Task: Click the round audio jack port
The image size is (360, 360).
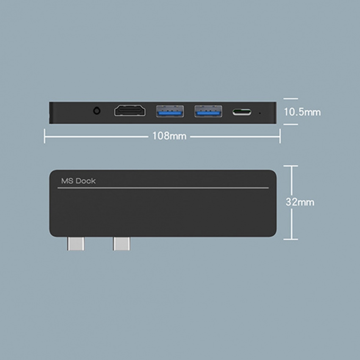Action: [97, 111]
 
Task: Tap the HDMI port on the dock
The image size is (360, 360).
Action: [130, 111]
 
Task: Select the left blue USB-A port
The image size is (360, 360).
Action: [170, 111]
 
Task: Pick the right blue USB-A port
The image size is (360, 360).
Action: [208, 111]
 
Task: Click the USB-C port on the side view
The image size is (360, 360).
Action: [242, 112]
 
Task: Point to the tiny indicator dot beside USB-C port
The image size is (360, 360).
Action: [260, 113]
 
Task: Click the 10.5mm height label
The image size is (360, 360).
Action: [302, 112]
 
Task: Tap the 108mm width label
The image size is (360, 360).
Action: [169, 136]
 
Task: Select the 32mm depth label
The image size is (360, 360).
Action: [300, 202]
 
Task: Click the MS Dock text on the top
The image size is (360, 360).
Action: [78, 181]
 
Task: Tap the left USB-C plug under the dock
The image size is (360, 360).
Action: [76, 244]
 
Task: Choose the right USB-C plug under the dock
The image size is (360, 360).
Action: [122, 244]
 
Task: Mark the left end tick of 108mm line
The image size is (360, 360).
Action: [44, 136]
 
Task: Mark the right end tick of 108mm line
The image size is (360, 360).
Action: [280, 136]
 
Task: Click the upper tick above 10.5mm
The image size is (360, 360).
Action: [291, 99]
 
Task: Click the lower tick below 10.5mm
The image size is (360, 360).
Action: [291, 125]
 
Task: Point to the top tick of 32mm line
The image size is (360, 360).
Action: [291, 166]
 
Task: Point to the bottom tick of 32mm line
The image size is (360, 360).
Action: [291, 239]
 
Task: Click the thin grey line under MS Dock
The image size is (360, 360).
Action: [163, 188]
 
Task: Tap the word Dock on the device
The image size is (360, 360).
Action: [86, 181]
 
